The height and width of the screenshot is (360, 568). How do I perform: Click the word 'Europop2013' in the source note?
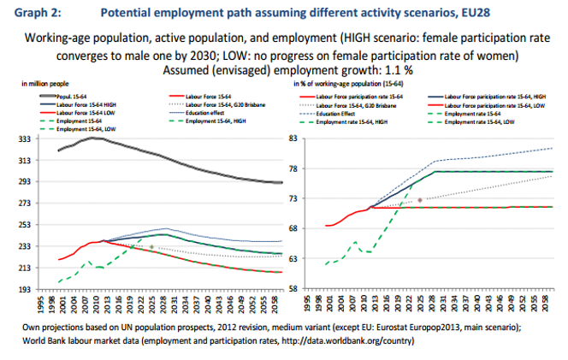[x=428, y=328]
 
